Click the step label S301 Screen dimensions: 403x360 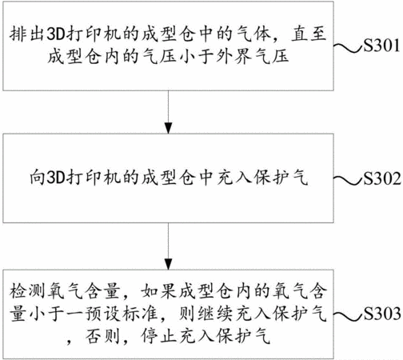[381, 46]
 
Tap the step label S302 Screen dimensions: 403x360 [382, 178]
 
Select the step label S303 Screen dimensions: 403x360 [382, 313]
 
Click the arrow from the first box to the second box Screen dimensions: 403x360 [168, 112]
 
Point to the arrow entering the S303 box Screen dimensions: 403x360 [168, 246]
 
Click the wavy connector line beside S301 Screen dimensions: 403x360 [349, 47]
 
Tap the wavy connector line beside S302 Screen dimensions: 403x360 [349, 181]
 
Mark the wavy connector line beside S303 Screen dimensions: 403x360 [349, 315]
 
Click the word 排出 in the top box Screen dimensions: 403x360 [27, 34]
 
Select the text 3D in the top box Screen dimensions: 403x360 [56, 34]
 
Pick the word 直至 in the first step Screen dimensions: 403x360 [309, 34]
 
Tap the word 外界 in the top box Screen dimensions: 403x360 [233, 57]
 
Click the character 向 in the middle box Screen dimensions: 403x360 [37, 178]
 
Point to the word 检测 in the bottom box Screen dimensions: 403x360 [27, 290]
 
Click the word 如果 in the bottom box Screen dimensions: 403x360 [158, 290]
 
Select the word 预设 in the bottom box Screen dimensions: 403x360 [102, 314]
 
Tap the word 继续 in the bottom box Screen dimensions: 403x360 [215, 314]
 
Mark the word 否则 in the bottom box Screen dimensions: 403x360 [102, 336]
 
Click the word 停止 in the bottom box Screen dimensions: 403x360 [158, 336]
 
